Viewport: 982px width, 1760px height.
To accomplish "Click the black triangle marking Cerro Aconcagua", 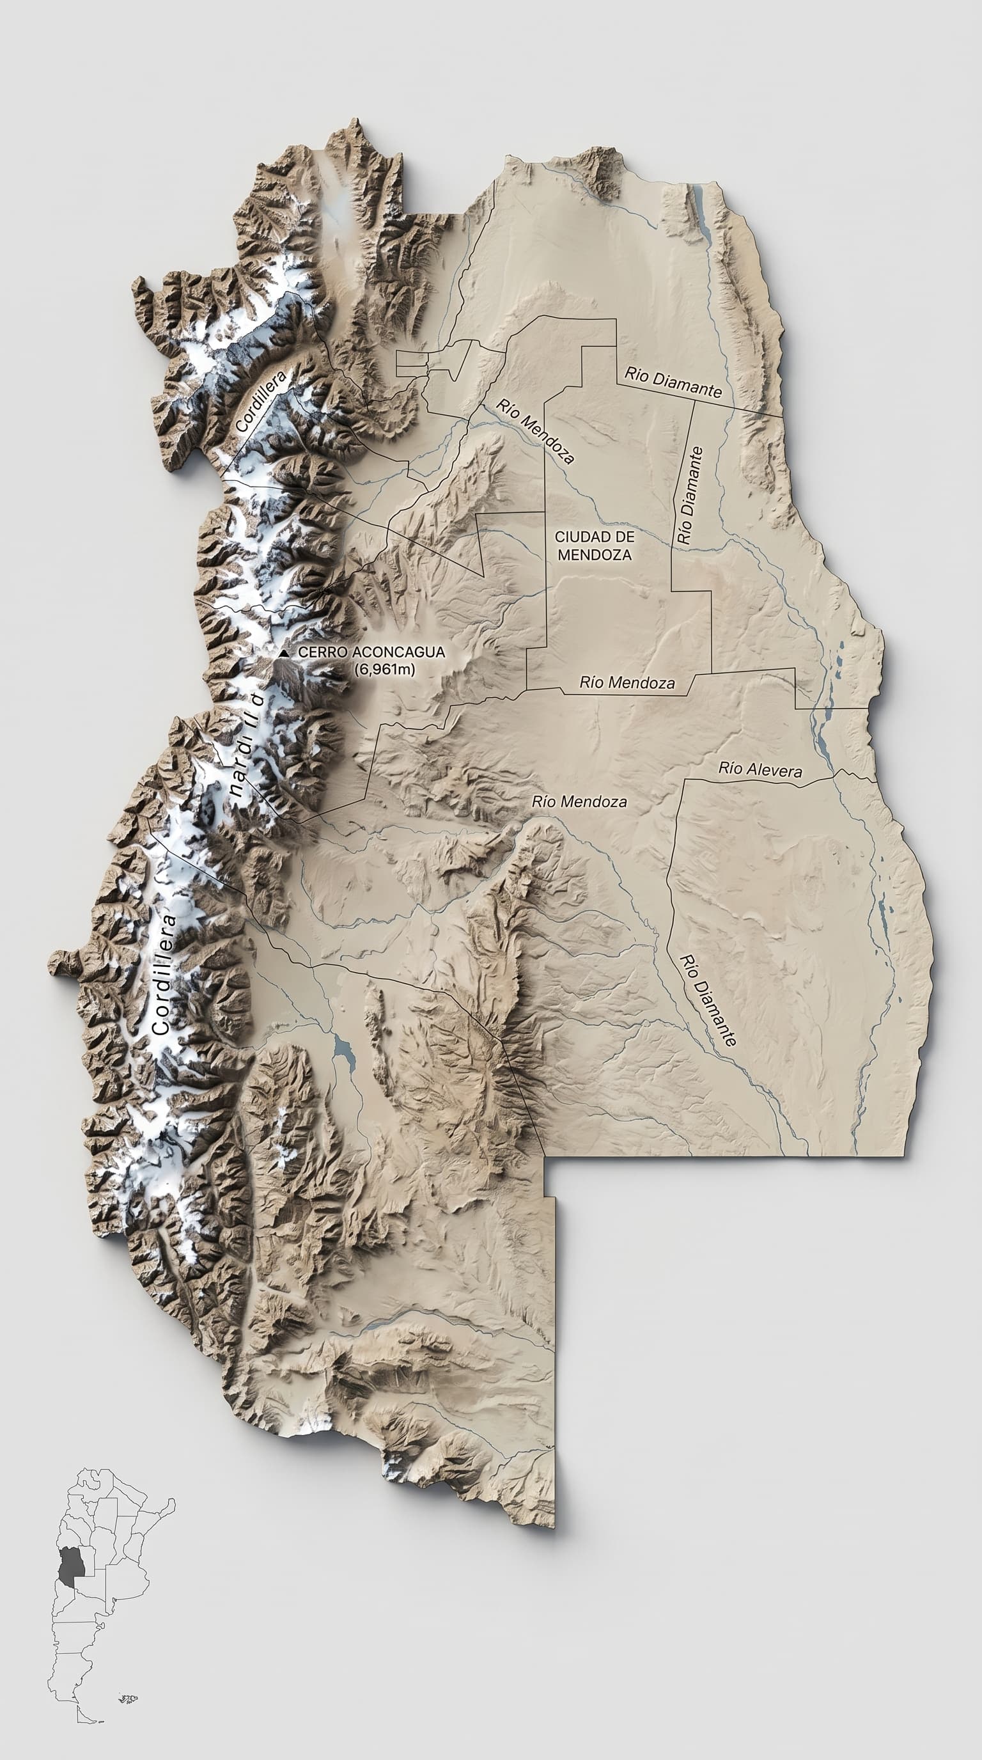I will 283,653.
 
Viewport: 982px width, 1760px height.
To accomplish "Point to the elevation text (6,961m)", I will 384,669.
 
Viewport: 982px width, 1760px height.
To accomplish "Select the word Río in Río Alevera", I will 730,767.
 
